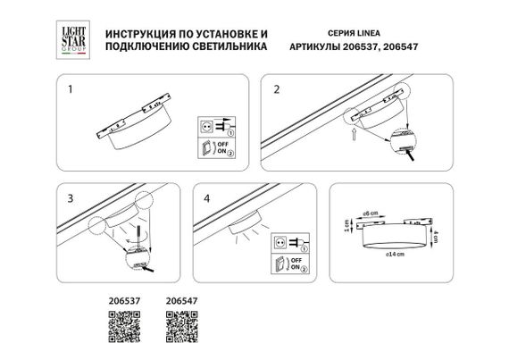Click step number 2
(277, 89)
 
